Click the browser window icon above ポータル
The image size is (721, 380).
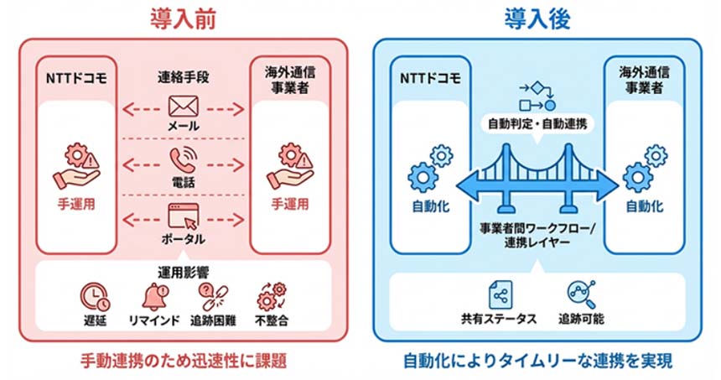183,216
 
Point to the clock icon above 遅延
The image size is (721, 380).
94,294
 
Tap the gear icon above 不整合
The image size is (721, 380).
270,294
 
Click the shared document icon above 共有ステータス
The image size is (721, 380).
501,294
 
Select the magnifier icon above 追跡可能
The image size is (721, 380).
577,294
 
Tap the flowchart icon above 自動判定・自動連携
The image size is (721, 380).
537,96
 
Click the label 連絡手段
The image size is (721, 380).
182,77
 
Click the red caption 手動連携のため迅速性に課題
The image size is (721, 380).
182,362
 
